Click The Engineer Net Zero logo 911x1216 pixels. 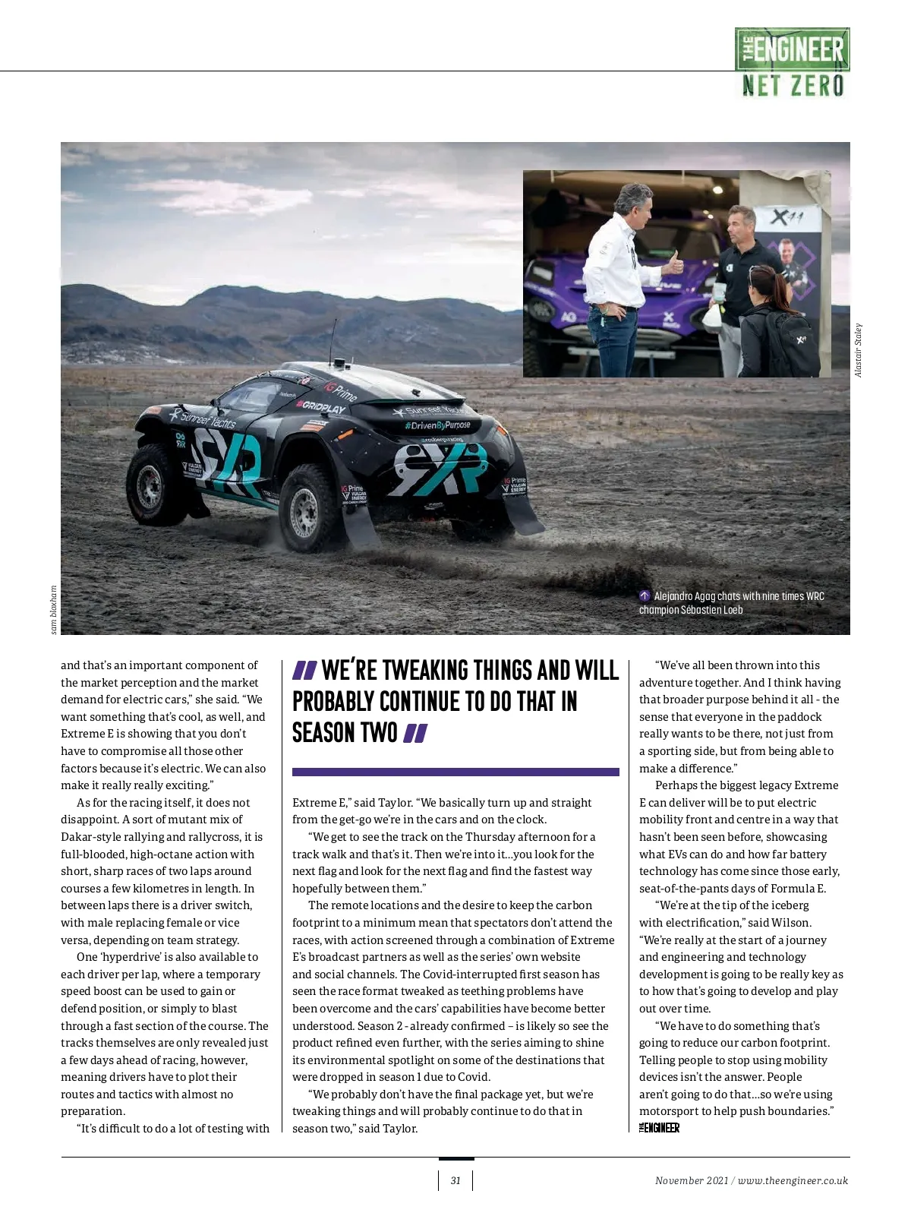click(792, 63)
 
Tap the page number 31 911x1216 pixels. click(455, 1180)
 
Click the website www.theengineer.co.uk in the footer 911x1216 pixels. click(793, 1180)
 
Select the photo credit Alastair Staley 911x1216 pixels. click(858, 350)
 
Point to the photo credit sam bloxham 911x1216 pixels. click(53, 609)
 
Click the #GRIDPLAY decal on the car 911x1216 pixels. click(320, 407)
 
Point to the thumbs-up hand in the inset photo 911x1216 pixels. click(675, 264)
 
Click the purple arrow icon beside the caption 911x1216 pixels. click(645, 596)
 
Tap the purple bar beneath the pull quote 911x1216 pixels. click(455, 772)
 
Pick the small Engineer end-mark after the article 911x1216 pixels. click(659, 1128)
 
